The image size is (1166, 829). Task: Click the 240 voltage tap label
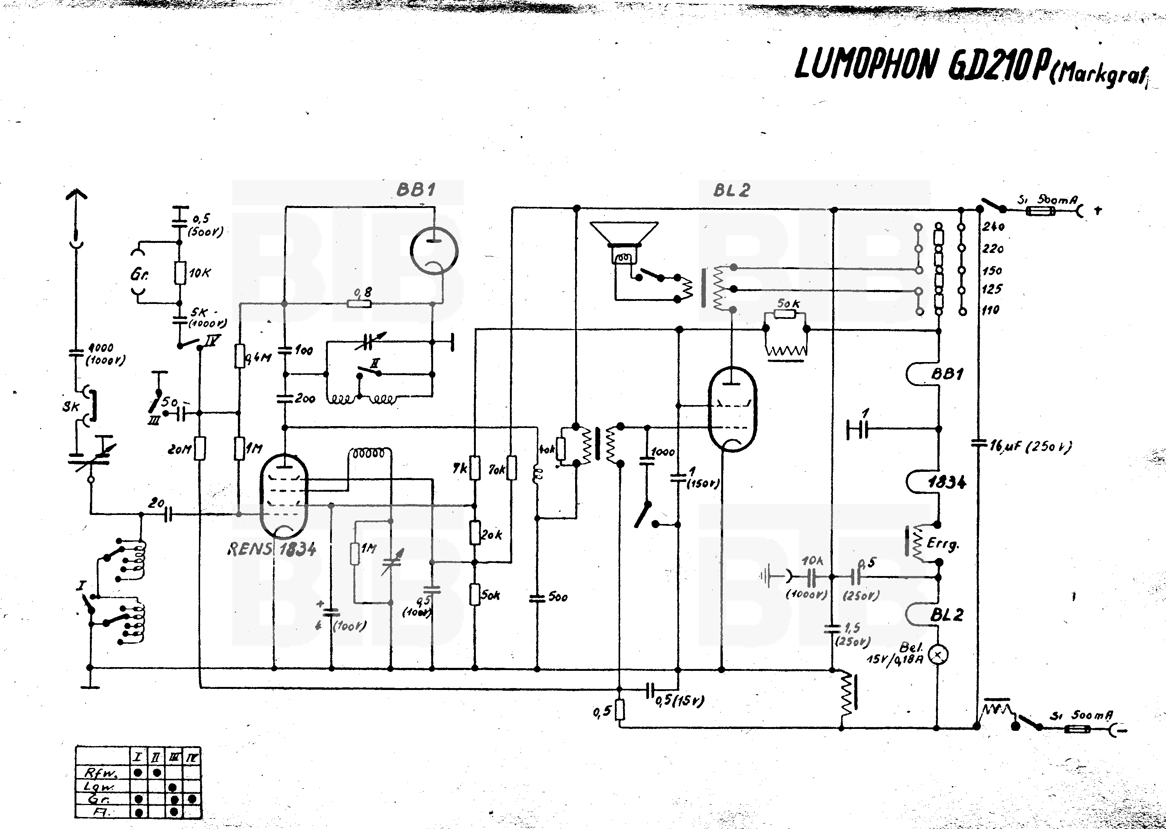(993, 227)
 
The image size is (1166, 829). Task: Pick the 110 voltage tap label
(990, 310)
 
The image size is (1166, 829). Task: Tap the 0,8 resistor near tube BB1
(359, 303)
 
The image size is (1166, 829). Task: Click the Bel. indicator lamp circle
(937, 654)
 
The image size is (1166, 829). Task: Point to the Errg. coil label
(943, 544)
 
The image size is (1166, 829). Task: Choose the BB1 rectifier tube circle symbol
(434, 251)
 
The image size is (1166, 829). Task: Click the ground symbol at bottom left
(90, 687)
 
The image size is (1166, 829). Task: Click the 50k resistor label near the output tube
(788, 304)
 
